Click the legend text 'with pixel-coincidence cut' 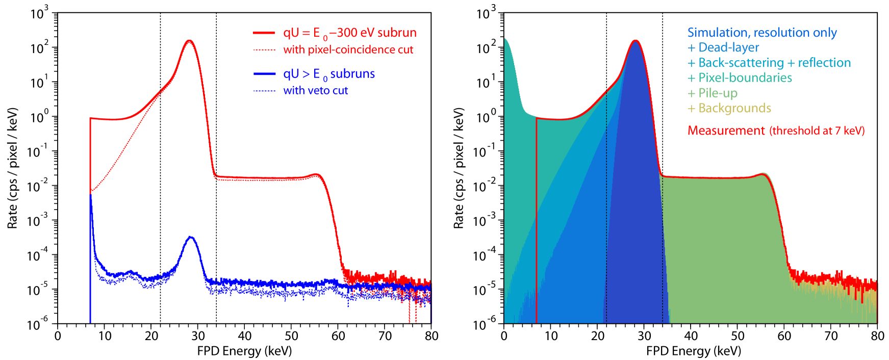(348, 50)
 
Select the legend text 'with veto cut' (315, 91)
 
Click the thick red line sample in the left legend (264, 33)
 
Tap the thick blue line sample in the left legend (264, 74)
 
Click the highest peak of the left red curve (190, 40)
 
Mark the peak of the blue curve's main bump (191, 237)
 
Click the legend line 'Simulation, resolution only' (761, 33)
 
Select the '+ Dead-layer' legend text (723, 48)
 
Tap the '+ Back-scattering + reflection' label (769, 63)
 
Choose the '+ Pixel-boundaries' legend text (740, 78)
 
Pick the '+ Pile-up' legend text (712, 93)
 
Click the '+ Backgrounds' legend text (729, 108)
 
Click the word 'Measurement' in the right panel (726, 131)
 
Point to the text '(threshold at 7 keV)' (817, 131)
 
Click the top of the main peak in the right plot (636, 40)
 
